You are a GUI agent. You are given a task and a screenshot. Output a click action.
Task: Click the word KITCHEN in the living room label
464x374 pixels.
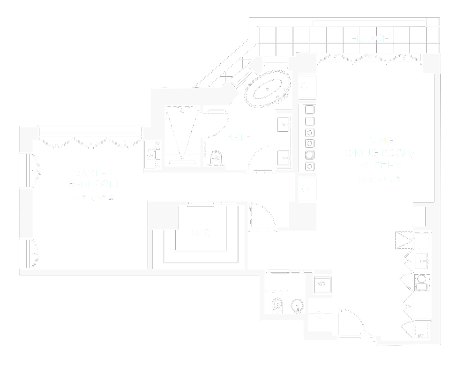coord(380,165)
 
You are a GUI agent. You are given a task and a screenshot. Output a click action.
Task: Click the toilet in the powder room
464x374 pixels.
coord(277,307)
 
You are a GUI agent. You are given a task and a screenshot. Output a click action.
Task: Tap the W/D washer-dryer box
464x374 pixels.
coord(322,284)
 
